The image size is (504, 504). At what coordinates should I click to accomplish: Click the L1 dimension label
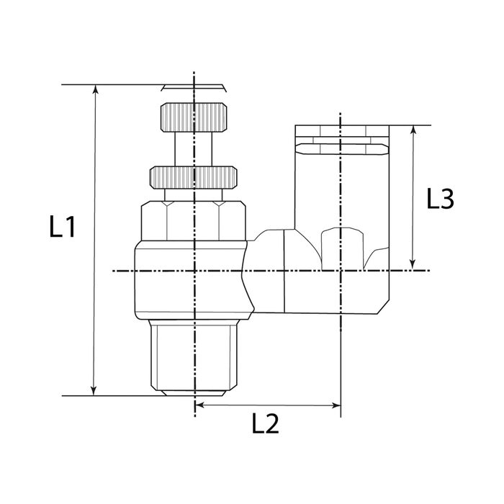63,228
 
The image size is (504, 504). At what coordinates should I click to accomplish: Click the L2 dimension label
266,425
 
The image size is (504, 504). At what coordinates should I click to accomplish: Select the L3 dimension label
439,199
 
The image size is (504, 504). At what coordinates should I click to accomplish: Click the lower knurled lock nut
193,176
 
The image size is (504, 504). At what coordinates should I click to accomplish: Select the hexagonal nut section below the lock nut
193,220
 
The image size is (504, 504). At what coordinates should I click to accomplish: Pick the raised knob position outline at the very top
194,88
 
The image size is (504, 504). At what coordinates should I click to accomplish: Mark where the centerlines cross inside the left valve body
194,271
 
